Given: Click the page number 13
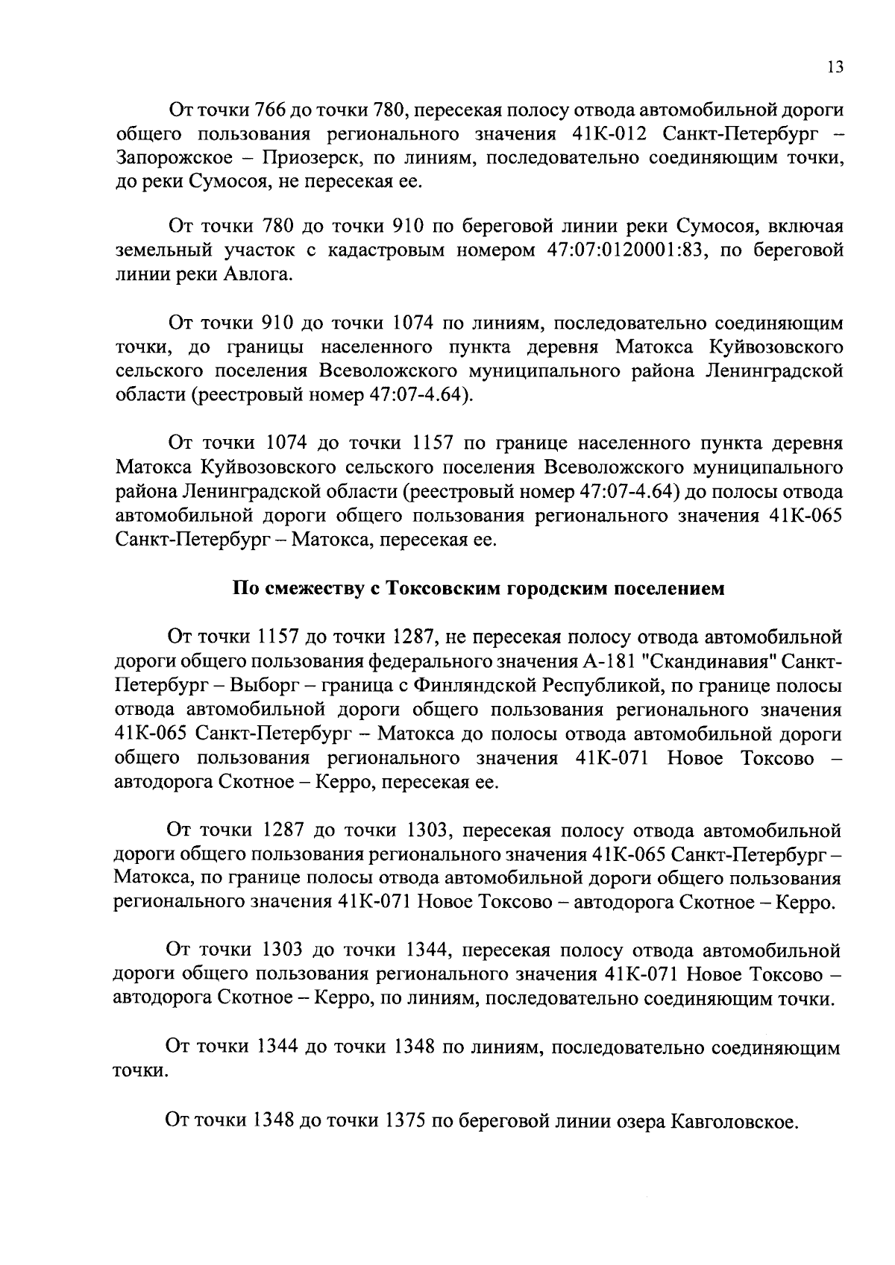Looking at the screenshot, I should click(x=835, y=68).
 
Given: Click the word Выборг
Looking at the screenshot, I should click(x=258, y=686).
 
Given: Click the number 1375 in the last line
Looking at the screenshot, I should click(x=403, y=1120).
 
